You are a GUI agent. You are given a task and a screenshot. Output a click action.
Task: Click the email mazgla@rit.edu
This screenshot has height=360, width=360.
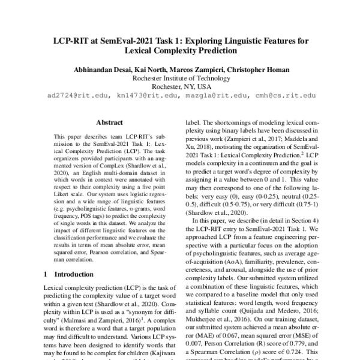click(x=214, y=95)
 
